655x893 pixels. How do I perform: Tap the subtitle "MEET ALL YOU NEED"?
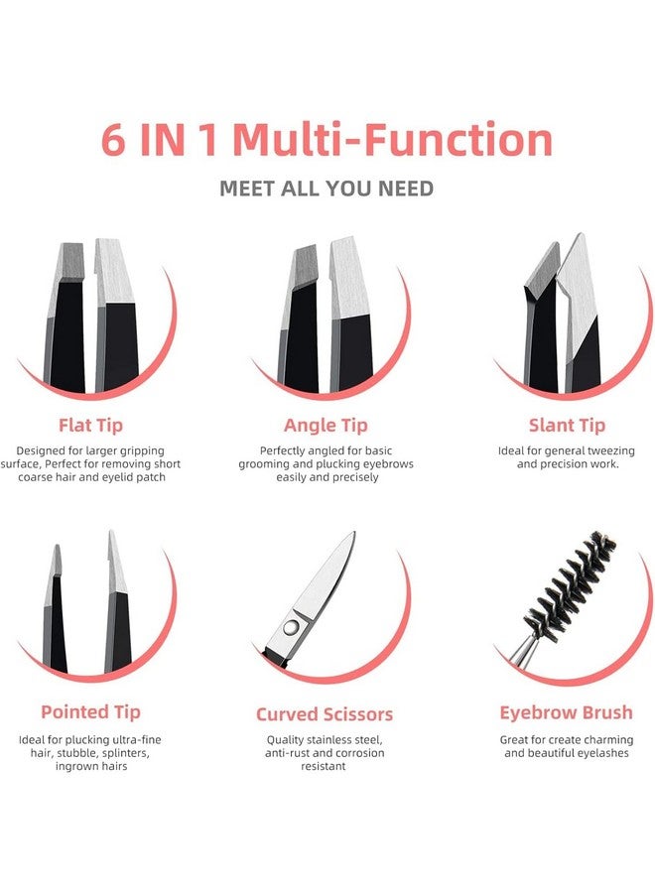pyautogui.click(x=327, y=188)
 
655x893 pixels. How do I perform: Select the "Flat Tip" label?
pyautogui.click(x=90, y=426)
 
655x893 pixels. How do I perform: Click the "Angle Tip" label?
pyautogui.click(x=326, y=426)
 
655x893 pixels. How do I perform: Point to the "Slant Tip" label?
pyautogui.click(x=567, y=426)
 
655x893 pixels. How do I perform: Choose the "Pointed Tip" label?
pyautogui.click(x=90, y=711)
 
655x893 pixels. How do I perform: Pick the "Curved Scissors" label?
pyautogui.click(x=325, y=714)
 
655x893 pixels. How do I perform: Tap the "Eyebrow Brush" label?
pyautogui.click(x=566, y=712)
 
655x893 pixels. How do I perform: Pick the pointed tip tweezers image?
pyautogui.click(x=89, y=605)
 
